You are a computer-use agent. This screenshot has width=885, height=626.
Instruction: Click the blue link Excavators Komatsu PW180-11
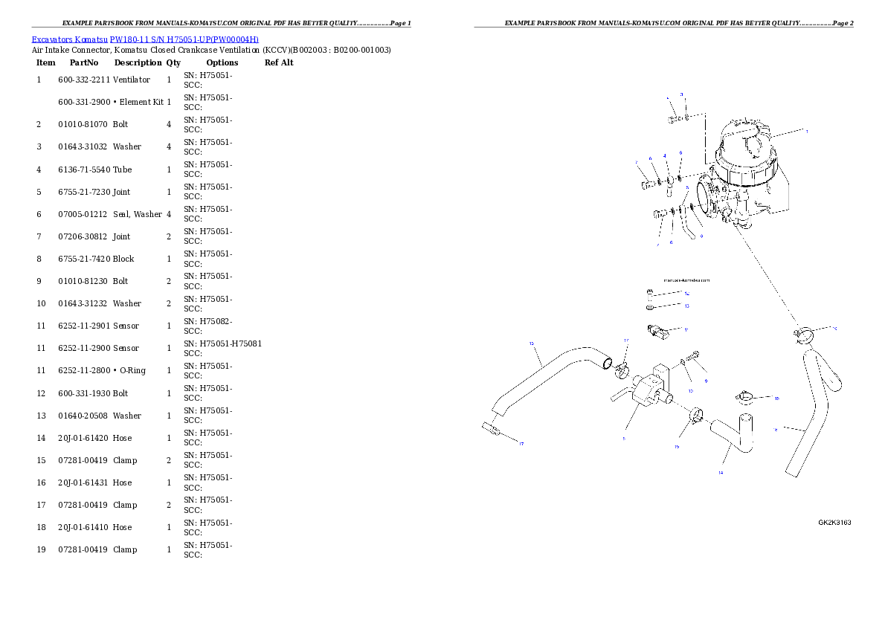145,39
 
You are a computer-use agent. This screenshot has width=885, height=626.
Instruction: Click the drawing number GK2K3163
834,523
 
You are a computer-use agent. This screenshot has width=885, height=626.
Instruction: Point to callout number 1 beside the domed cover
806,131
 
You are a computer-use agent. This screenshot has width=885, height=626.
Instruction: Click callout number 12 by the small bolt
686,294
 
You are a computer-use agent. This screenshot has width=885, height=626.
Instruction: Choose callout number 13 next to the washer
686,306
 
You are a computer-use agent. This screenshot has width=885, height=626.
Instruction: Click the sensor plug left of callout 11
657,329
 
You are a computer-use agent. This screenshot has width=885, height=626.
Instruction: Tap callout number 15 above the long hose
531,343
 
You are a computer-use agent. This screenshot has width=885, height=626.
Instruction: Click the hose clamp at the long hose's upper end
619,365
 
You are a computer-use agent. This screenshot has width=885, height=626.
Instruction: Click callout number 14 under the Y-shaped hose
720,472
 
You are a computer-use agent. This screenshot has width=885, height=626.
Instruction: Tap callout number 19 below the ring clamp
677,447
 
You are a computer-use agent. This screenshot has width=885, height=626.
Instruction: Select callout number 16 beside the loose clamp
776,398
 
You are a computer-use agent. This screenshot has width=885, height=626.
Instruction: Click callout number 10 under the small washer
689,390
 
